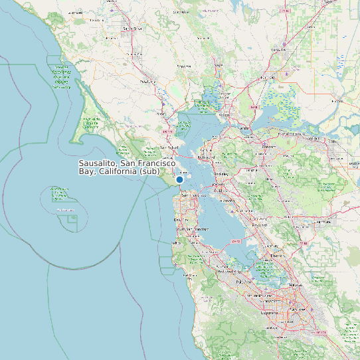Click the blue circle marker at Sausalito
pos(179,179)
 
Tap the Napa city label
pos(218,65)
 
